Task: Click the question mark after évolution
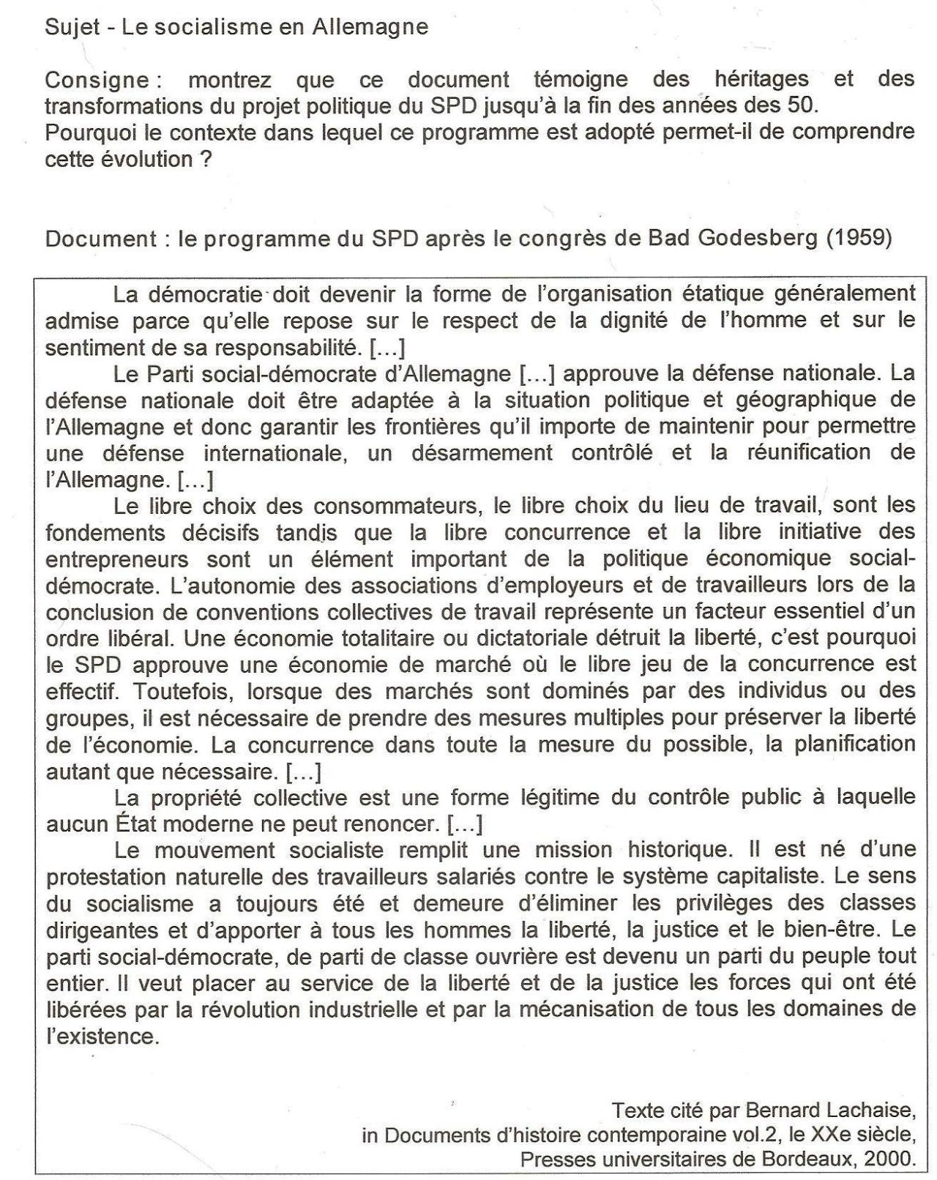coord(206,159)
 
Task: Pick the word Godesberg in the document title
coord(766,239)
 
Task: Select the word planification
coord(844,744)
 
